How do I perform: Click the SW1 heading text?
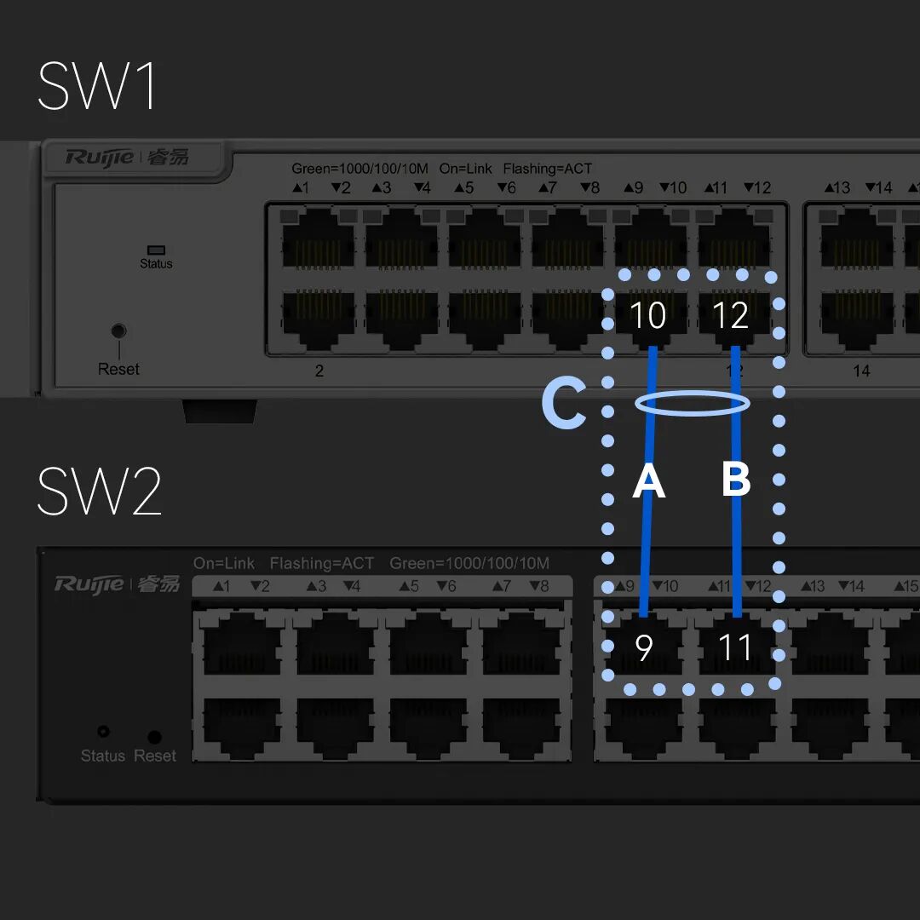point(97,85)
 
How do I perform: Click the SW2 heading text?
point(100,491)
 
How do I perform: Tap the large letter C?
point(563,405)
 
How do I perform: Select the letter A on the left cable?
point(648,481)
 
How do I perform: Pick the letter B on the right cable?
point(736,480)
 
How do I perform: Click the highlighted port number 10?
point(648,316)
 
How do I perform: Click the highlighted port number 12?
point(730,316)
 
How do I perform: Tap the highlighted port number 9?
point(644,648)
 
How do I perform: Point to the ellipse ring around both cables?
point(693,404)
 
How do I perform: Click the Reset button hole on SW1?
point(119,331)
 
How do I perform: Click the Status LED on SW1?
point(156,250)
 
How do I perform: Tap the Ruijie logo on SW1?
point(127,158)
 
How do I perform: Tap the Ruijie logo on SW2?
point(118,584)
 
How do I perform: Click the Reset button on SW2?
point(155,737)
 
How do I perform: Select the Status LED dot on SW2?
point(104,731)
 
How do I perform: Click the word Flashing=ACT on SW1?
point(547,169)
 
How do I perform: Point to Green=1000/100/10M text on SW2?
point(469,563)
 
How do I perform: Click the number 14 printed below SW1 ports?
point(861,371)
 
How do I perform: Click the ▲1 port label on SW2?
point(221,586)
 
